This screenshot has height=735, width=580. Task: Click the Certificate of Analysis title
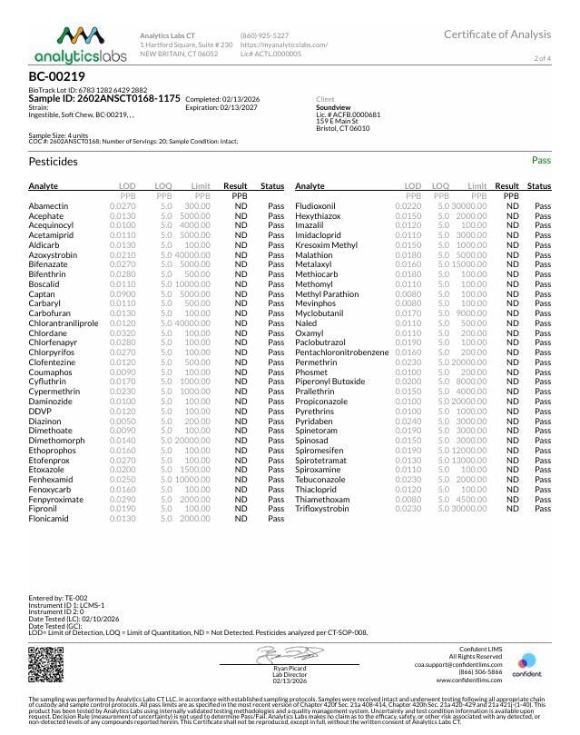[x=496, y=35]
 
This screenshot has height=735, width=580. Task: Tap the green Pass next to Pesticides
[x=541, y=160]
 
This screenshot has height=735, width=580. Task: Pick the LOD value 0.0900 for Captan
[x=123, y=293]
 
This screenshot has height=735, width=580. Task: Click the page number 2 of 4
[x=542, y=58]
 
